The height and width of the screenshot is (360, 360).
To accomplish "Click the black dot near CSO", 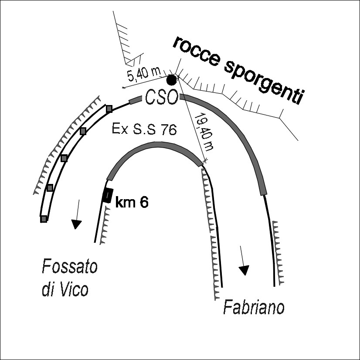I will click(x=172, y=80).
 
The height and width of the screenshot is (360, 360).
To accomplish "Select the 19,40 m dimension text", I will click(x=204, y=131).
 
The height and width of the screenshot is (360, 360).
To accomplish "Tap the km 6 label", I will click(x=131, y=202).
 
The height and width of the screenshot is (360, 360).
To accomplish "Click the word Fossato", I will click(x=69, y=266).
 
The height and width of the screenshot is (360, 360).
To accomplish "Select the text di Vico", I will click(x=65, y=289).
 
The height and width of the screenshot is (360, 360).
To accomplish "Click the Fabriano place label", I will click(x=254, y=307).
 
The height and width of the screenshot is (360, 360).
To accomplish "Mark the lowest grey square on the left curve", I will click(x=44, y=219).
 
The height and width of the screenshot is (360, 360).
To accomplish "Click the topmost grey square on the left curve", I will click(x=109, y=108).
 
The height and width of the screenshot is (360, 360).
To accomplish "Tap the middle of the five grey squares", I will click(x=64, y=158).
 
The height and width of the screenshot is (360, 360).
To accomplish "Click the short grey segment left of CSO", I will click(x=136, y=100).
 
